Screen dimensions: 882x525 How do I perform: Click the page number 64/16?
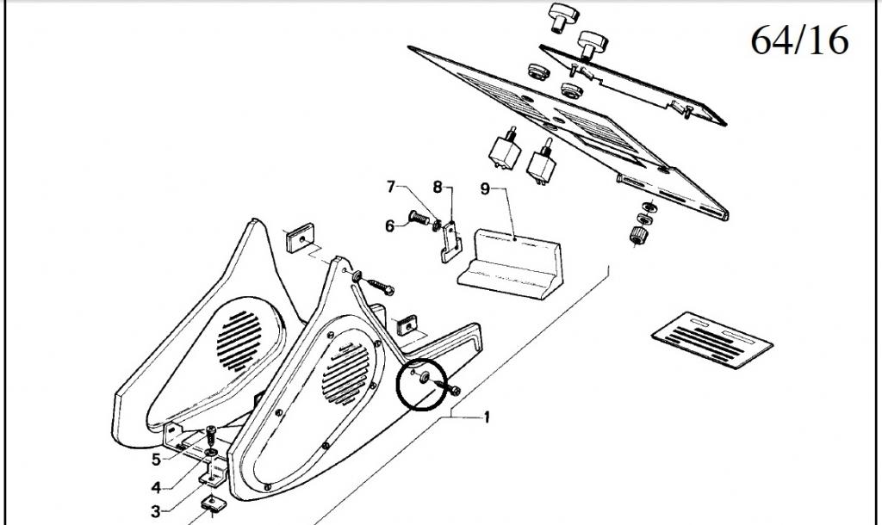tap(799, 40)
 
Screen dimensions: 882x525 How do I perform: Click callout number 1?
tap(488, 417)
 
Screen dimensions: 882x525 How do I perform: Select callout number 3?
tap(156, 511)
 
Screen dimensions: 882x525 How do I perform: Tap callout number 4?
tap(156, 487)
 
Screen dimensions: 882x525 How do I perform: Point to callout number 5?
tap(156, 460)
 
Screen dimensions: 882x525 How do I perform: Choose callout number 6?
tap(390, 226)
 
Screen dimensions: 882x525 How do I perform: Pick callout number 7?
tap(392, 187)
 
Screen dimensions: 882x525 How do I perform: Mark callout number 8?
tap(438, 187)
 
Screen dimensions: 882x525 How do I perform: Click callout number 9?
tap(486, 188)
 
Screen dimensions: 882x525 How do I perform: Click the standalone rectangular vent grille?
tap(712, 340)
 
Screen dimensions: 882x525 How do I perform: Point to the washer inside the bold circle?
tap(425, 377)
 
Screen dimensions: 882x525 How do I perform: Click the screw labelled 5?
tap(210, 435)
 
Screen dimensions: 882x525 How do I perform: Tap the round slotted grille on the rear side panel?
tap(239, 341)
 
